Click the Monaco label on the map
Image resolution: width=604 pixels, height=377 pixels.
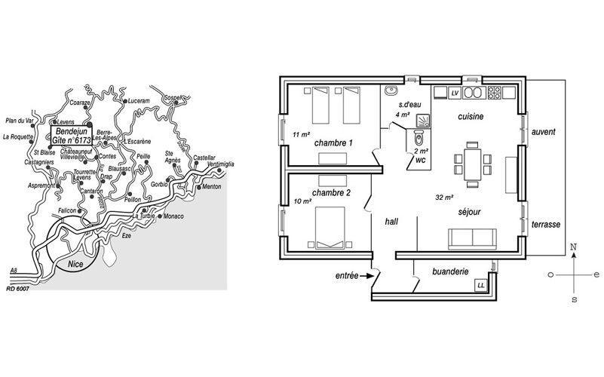(x=173, y=216)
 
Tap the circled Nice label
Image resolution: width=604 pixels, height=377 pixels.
(x=75, y=264)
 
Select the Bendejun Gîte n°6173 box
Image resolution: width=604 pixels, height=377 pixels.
(x=72, y=136)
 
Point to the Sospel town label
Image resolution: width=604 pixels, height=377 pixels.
(x=172, y=97)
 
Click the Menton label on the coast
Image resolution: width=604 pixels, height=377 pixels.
(x=212, y=187)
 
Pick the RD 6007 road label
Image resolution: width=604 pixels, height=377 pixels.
(x=18, y=288)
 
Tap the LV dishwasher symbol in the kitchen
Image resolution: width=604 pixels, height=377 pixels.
(x=455, y=93)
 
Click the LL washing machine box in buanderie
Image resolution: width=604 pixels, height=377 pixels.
(x=481, y=285)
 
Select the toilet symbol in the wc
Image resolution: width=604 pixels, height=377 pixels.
(x=419, y=138)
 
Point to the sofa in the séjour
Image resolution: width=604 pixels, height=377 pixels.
(x=472, y=239)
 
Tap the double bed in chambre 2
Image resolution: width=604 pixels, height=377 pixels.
(x=330, y=228)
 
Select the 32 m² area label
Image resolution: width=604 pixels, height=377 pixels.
(x=444, y=198)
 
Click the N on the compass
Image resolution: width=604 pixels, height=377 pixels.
(x=574, y=247)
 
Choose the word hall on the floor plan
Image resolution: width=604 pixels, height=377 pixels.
(x=391, y=222)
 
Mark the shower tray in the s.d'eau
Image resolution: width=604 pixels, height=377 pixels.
(x=423, y=120)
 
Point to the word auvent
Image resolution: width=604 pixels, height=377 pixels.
(x=544, y=132)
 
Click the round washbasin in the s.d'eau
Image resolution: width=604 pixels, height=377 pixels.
(x=391, y=90)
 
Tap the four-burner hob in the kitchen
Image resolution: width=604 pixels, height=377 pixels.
(x=495, y=93)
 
